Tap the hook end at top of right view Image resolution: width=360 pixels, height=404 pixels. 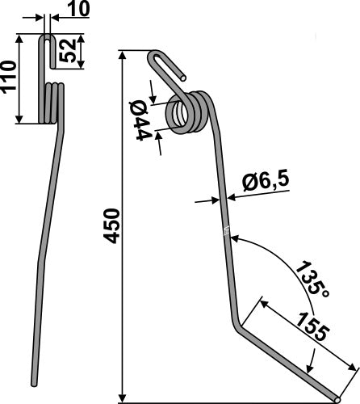(x=157, y=58)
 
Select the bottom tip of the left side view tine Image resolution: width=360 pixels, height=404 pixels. (x=35, y=381)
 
